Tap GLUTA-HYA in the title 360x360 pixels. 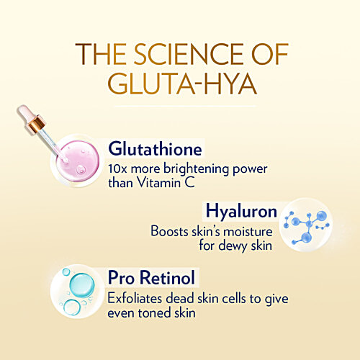[180, 86]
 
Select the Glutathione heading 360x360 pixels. [156, 149]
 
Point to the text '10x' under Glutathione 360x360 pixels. [118, 168]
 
